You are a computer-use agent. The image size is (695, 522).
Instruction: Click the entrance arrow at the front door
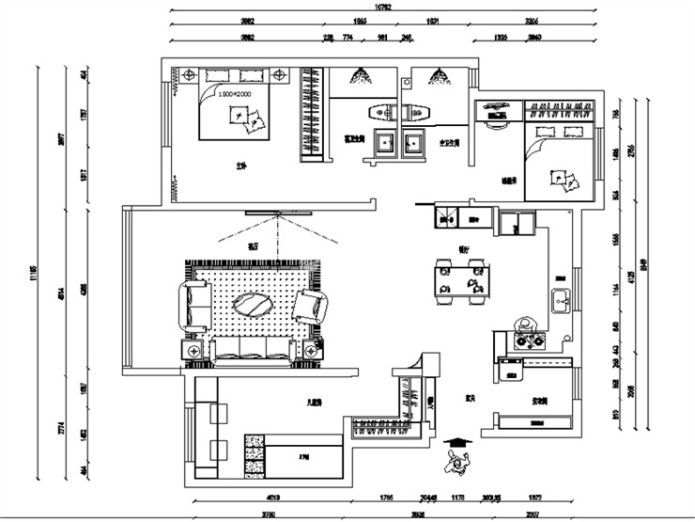pos(456,440)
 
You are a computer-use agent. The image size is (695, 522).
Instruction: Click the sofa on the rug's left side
pos(194,306)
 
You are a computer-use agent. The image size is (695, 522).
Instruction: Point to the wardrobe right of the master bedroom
pos(311,115)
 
